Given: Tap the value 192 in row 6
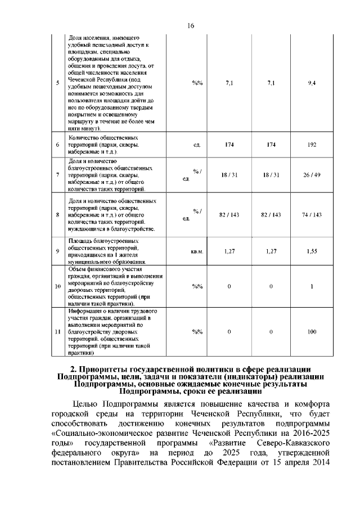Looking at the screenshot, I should pos(312,145).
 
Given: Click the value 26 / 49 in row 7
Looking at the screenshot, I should pos(312,175).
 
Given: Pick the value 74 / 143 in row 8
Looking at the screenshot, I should pos(312,215).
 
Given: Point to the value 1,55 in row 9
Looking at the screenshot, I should pos(312,251).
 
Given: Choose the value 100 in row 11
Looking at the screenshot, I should pos(312,331).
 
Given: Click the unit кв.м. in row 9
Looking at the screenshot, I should pos(196,251).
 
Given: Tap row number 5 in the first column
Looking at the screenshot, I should pos(58,83).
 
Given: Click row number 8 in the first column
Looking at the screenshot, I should pos(58,215).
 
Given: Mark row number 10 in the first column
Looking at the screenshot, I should pos(57,287).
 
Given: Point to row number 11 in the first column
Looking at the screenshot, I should pos(57,331).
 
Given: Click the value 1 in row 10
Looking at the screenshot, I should pos(312,287).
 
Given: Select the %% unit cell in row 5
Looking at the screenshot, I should pos(197,83).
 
